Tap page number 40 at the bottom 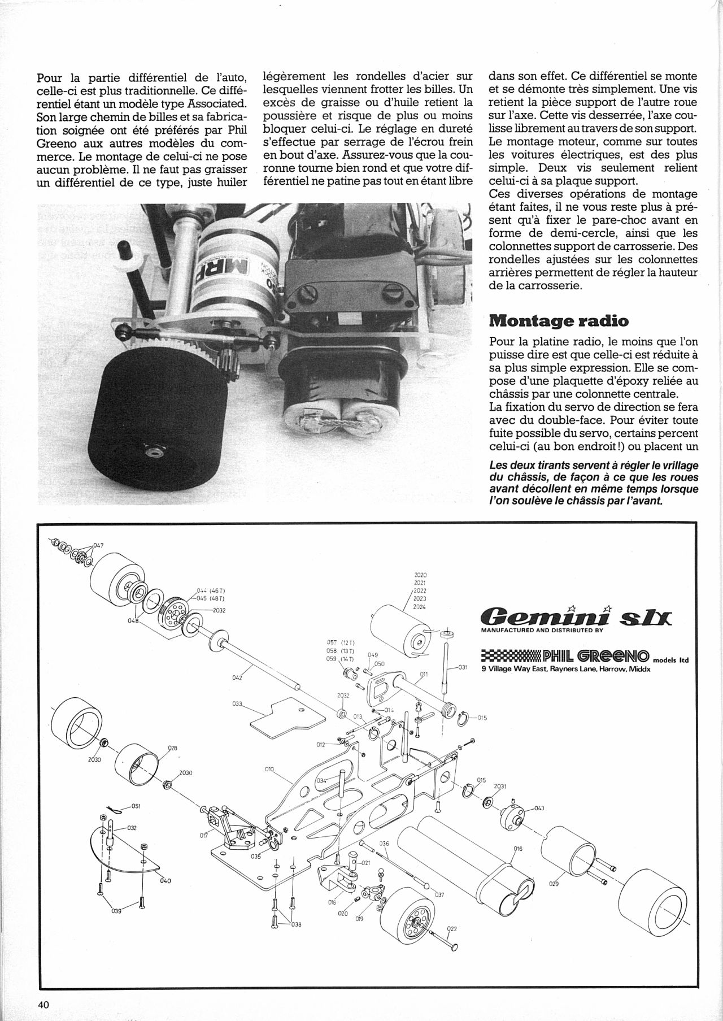click(45, 1005)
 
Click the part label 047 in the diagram click(99, 546)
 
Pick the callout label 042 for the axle click(237, 676)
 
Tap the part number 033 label click(237, 704)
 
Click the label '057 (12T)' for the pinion click(341, 642)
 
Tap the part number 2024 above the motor click(420, 607)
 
